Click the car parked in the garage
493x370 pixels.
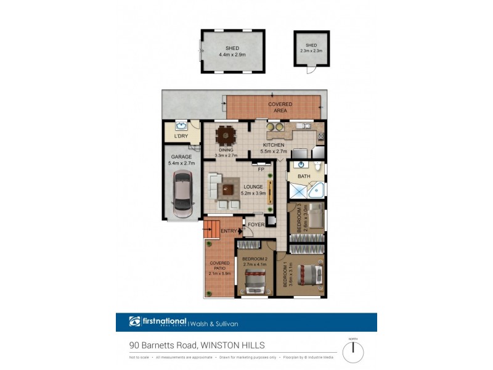[x=183, y=194]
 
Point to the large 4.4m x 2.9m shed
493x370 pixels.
[x=232, y=51]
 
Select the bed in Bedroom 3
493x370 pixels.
[x=315, y=217]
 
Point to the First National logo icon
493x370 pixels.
[x=135, y=321]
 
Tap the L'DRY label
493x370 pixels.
[x=181, y=136]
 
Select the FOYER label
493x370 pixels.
[x=256, y=224]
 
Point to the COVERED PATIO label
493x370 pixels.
[x=219, y=269]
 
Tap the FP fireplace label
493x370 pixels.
[x=261, y=169]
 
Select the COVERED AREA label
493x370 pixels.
[x=280, y=107]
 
